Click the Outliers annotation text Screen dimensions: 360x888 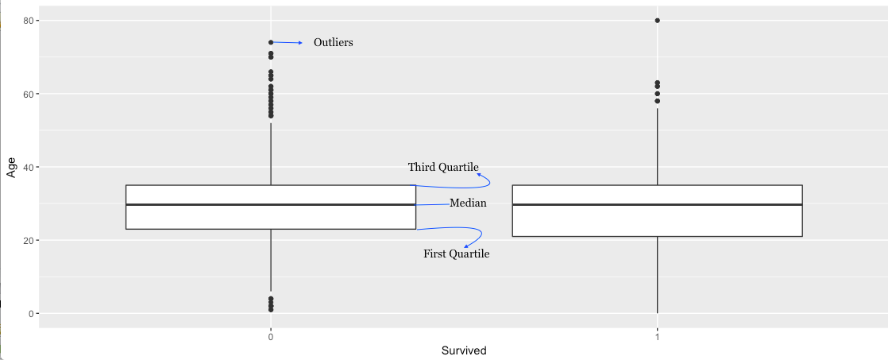333,43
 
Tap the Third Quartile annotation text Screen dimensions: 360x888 443,167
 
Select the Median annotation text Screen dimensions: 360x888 468,203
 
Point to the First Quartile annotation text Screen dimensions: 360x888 456,254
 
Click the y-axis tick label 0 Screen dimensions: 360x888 29,314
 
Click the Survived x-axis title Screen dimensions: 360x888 464,350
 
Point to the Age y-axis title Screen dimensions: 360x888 11,167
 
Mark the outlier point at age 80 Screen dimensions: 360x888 657,21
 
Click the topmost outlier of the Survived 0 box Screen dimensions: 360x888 271,42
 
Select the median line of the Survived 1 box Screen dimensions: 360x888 657,204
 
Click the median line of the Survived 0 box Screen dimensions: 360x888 271,204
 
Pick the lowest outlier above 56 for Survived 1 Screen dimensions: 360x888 657,101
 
